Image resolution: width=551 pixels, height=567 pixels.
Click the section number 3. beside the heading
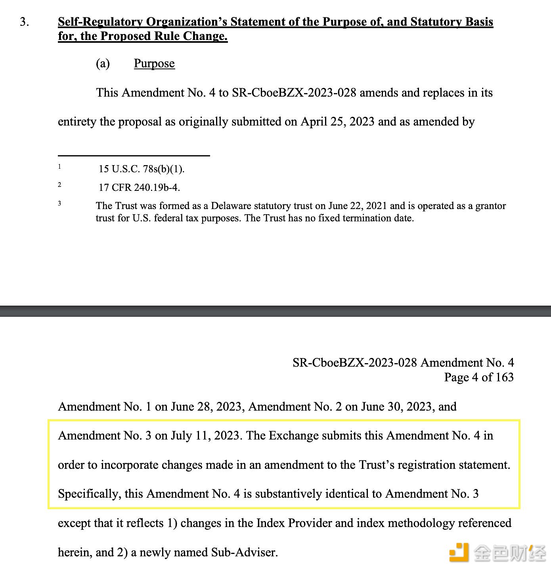pos(24,22)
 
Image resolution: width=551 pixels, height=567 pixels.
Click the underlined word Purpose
pos(154,63)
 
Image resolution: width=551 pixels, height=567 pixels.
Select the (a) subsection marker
pos(103,63)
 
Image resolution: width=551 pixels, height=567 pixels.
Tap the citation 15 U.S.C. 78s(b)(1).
pos(142,169)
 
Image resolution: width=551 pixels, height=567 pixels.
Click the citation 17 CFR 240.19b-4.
pos(139,188)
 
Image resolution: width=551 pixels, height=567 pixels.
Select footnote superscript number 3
pos(59,204)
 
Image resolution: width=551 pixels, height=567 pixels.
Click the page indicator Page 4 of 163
pos(479,377)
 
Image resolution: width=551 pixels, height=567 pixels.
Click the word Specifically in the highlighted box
pos(89,494)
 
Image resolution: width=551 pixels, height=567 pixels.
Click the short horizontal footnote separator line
pos(134,156)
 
